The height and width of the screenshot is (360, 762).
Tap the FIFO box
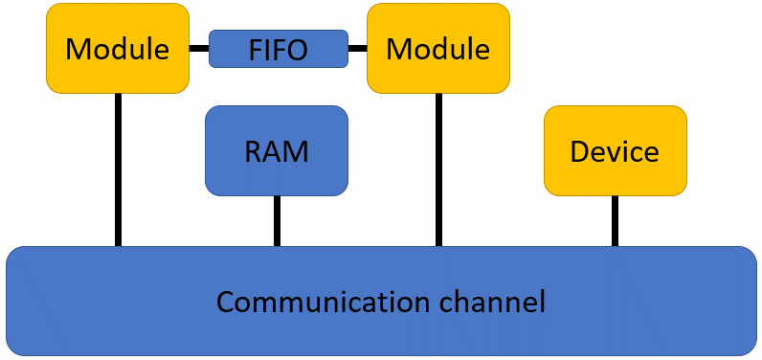pyautogui.click(x=278, y=48)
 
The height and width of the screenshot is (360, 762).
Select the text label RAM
pyautogui.click(x=277, y=151)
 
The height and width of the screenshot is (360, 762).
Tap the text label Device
pyautogui.click(x=615, y=151)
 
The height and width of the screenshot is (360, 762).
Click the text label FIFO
pyautogui.click(x=278, y=49)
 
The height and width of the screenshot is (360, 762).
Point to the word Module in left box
pyautogui.click(x=118, y=49)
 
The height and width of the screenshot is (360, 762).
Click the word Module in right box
pyautogui.click(x=438, y=49)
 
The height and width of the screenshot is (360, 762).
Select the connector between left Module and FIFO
pyautogui.click(x=199, y=48)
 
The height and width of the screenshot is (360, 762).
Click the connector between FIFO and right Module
pyautogui.click(x=357, y=48)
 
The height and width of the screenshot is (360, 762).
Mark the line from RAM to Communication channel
pyautogui.click(x=277, y=220)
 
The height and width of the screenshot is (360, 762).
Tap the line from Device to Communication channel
pyautogui.click(x=615, y=220)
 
